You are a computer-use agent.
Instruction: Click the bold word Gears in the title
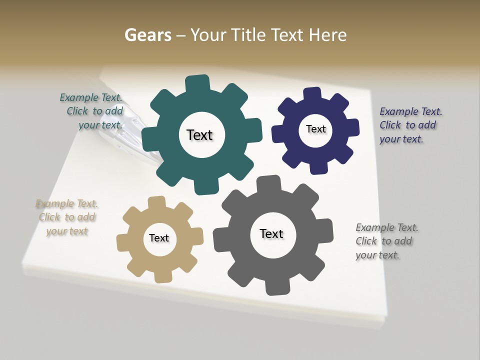tap(148, 35)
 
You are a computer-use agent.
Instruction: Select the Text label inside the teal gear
tap(199, 135)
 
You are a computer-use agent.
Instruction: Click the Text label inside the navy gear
tap(315, 129)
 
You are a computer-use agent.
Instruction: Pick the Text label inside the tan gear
tap(159, 238)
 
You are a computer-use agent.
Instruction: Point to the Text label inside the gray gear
tap(271, 233)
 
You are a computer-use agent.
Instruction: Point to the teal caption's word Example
tap(79, 97)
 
